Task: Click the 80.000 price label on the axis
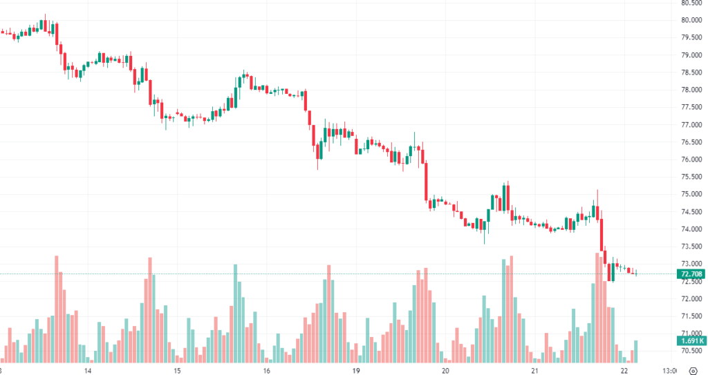point(692,20)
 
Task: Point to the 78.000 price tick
point(692,90)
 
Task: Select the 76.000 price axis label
point(692,160)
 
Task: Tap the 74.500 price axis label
point(692,211)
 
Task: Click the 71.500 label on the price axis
point(692,316)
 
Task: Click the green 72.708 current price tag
point(692,274)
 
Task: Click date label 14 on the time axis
point(88,369)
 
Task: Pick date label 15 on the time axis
point(177,369)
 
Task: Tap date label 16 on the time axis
point(266,369)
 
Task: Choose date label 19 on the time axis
point(356,369)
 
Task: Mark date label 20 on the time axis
point(445,369)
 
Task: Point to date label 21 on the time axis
point(534,369)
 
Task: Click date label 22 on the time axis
point(624,369)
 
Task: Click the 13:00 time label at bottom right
point(669,369)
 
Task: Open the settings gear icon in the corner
point(693,369)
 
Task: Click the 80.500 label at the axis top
point(692,3)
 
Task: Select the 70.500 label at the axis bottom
point(692,350)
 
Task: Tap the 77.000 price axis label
point(692,124)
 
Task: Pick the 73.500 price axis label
point(692,246)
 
